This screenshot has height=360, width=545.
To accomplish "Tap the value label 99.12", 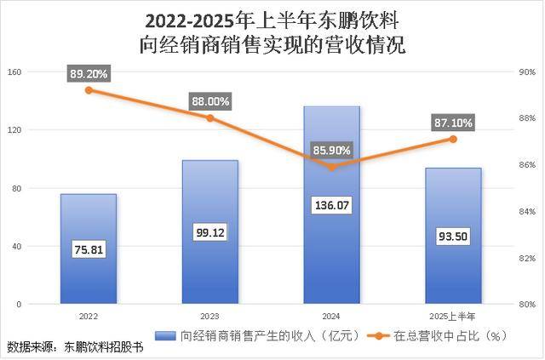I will pos(209,231).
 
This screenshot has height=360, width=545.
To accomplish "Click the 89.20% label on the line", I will pos(89,74).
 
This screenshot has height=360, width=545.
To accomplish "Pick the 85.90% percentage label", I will pos(331,150).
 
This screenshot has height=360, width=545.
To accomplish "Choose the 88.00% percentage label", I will pos(209,101).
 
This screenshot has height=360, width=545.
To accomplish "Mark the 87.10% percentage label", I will pos(453,123).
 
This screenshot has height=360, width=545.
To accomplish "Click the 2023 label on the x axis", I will pos(209,315).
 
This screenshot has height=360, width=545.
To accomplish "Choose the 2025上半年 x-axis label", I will pos(453,315).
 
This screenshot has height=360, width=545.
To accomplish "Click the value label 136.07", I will pos(331,206).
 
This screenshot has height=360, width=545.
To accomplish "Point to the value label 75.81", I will pos(89,250).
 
